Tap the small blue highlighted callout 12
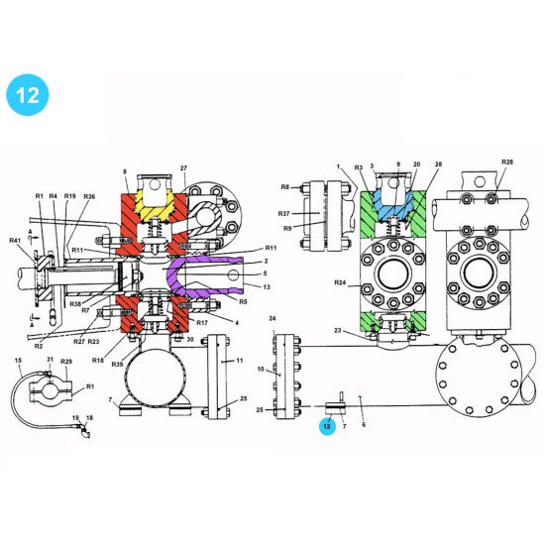click(x=326, y=427)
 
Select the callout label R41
click(x=15, y=241)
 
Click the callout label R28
click(x=507, y=162)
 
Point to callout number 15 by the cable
click(x=17, y=360)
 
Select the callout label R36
click(x=89, y=197)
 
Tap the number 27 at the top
click(x=183, y=169)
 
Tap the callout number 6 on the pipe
click(x=363, y=424)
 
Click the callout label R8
click(x=285, y=185)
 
